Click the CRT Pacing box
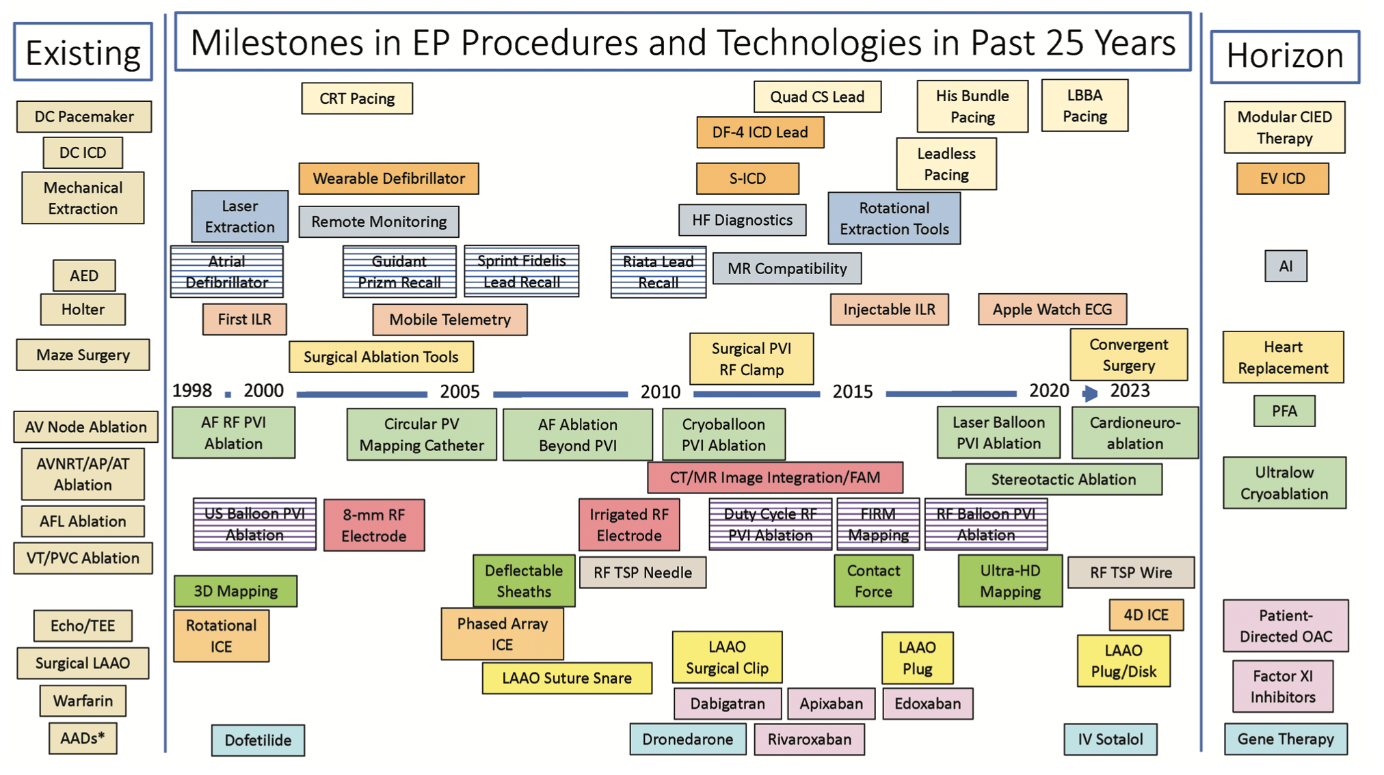coord(357,98)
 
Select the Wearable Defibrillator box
coord(388,178)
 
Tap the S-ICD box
coord(747,178)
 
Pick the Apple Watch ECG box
coord(1052,310)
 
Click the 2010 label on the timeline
coord(660,392)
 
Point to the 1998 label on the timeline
coord(191,390)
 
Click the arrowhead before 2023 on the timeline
coord(1090,393)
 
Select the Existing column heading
coord(83,53)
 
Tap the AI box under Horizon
coord(1286,267)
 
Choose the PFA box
coord(1284,411)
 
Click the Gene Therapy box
coord(1286,739)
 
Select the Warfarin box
coord(83,701)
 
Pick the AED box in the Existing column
coord(84,275)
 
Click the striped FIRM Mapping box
coord(878,524)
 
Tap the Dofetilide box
coord(258,740)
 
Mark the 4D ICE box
coord(1146,615)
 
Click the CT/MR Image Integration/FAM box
coord(775,478)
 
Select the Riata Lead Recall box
coord(658,272)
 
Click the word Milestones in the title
coord(277,43)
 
